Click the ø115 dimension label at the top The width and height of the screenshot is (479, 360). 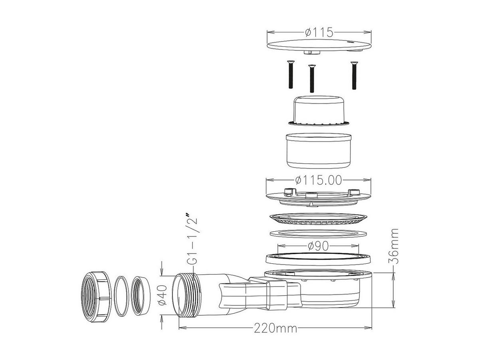(319, 32)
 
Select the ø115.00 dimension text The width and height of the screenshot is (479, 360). (319, 181)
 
